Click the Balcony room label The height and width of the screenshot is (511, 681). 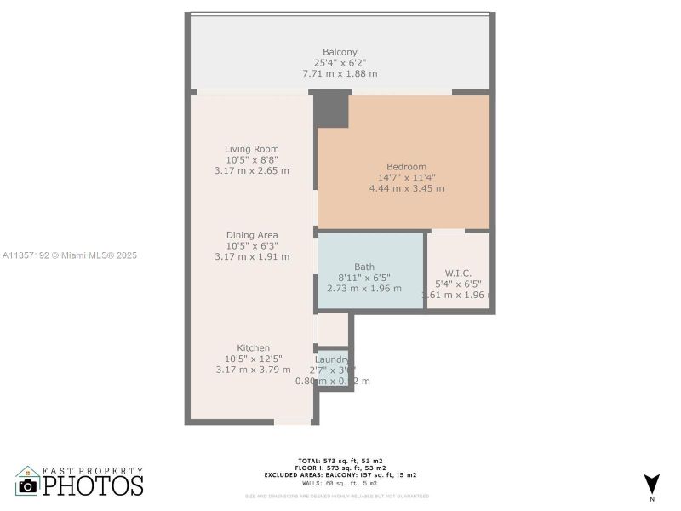pyautogui.click(x=340, y=52)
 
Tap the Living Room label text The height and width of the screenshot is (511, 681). pyautogui.click(x=251, y=149)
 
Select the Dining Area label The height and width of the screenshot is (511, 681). pyautogui.click(x=251, y=235)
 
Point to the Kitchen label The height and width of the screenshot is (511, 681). pyautogui.click(x=253, y=347)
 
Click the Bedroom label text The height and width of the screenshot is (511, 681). pyautogui.click(x=406, y=167)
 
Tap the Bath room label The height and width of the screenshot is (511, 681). pyautogui.click(x=363, y=267)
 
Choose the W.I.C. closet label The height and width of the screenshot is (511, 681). pyautogui.click(x=458, y=273)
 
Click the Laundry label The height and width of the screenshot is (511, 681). pyautogui.click(x=333, y=359)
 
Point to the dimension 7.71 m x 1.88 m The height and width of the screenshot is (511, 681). pyautogui.click(x=340, y=74)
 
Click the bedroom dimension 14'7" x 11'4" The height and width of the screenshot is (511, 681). pyautogui.click(x=406, y=177)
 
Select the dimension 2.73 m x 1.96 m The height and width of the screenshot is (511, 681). pyautogui.click(x=363, y=288)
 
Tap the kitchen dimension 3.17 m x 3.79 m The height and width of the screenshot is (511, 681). pyautogui.click(x=253, y=370)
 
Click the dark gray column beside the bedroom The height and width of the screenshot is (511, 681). pyautogui.click(x=332, y=110)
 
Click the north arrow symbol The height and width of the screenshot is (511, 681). pyautogui.click(x=651, y=483)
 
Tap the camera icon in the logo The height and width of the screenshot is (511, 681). pyautogui.click(x=27, y=485)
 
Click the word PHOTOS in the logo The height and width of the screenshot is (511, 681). pyautogui.click(x=93, y=485)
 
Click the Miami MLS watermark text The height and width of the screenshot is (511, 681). pyautogui.click(x=69, y=255)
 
